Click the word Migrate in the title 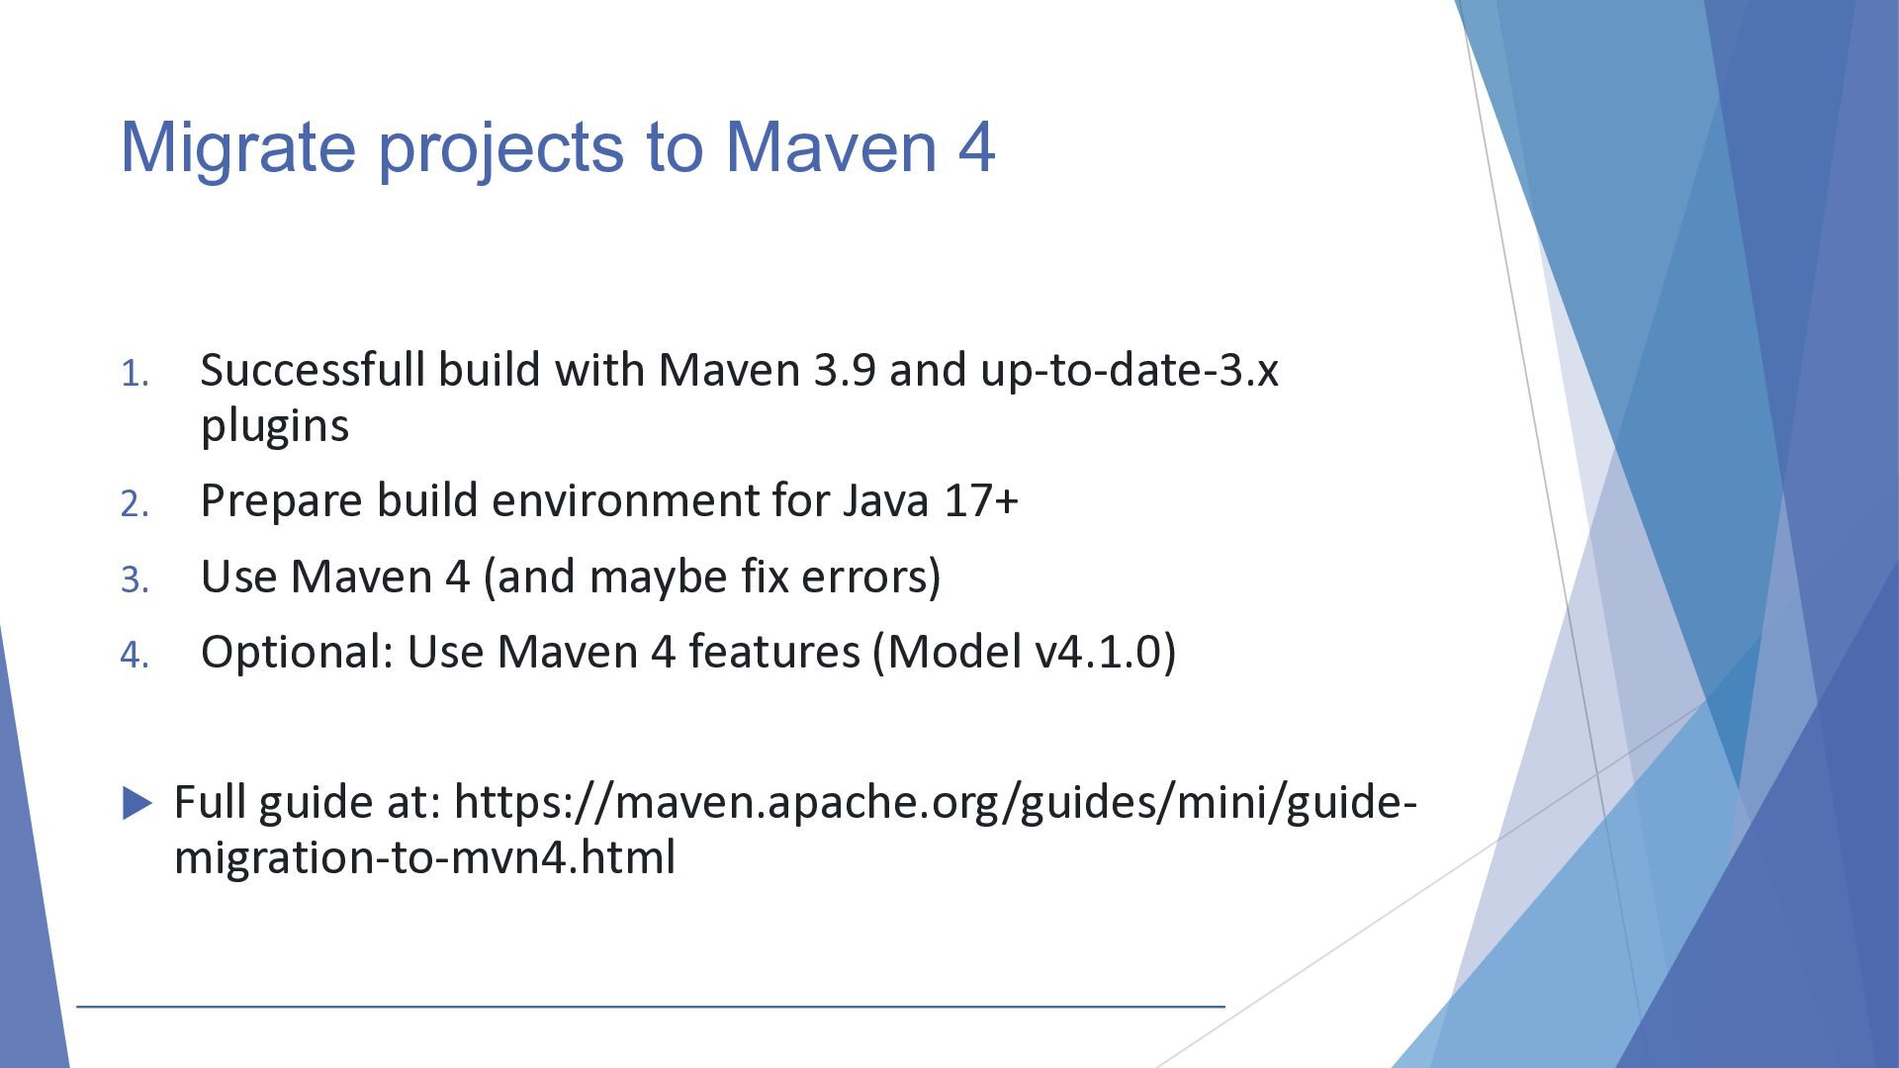click(237, 147)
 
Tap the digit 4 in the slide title click(975, 147)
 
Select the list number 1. click(135, 374)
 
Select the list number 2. click(135, 504)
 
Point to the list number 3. click(135, 579)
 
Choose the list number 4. click(135, 655)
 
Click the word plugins click(275, 427)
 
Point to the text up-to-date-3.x click(1130, 372)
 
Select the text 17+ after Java click(981, 500)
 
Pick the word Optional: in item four click(298, 652)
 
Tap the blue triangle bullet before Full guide click(137, 803)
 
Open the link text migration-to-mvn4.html click(424, 857)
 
